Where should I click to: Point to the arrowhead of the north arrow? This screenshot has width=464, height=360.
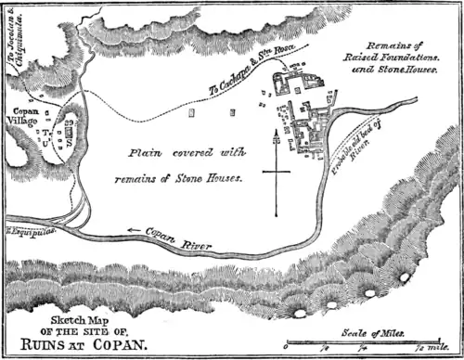coord(276,136)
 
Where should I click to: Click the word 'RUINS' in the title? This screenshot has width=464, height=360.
coord(55,343)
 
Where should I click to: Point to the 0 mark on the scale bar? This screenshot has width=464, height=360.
coord(285,350)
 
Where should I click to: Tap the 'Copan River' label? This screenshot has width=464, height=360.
coord(181,242)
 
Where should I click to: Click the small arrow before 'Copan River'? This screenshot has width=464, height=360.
coord(135,230)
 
